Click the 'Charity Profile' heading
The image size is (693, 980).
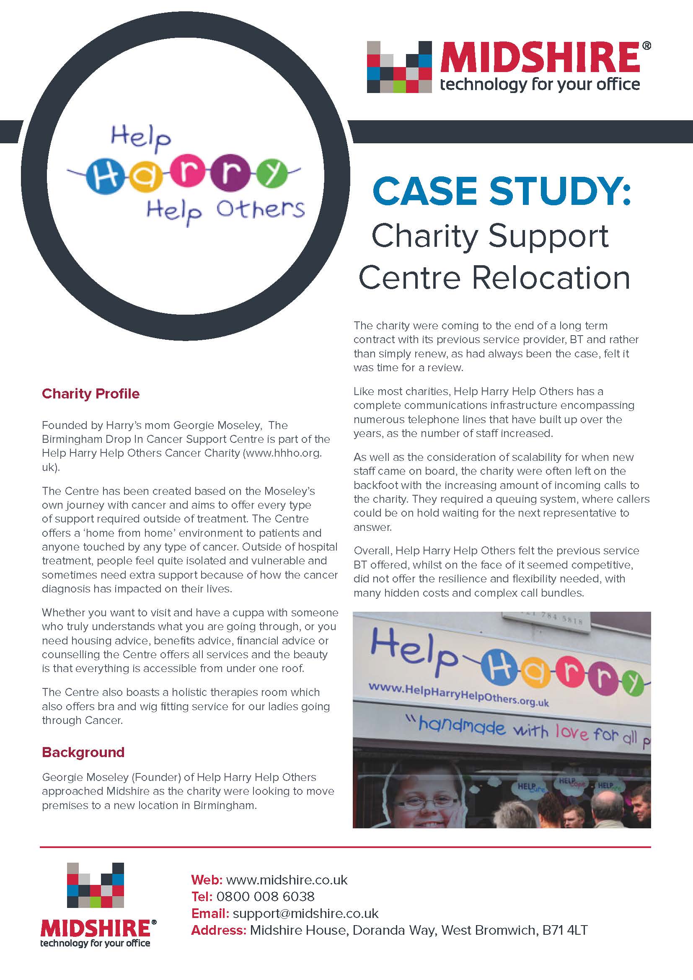[91, 393]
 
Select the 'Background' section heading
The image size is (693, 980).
[83, 752]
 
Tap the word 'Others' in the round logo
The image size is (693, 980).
[260, 209]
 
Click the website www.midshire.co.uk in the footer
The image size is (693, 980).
[287, 880]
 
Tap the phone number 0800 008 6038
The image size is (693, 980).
[265, 896]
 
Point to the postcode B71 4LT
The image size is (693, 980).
[565, 930]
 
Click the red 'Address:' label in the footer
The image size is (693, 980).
[218, 930]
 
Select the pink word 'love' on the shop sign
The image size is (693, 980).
[573, 732]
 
